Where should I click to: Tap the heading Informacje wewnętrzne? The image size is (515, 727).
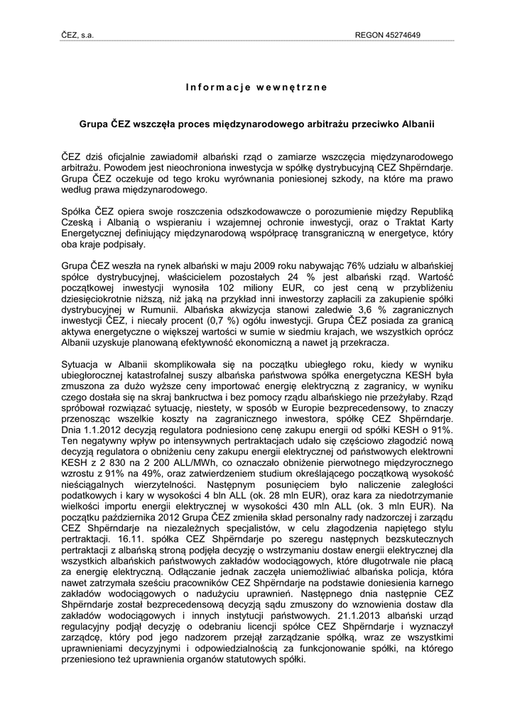tap(256, 87)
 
